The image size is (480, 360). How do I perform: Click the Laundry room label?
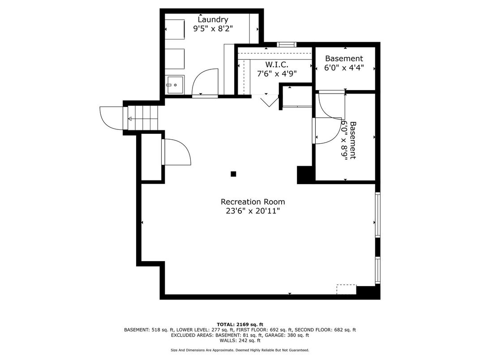(x=213, y=20)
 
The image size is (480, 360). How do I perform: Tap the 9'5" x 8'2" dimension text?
(x=213, y=29)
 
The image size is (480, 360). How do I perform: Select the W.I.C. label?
(x=277, y=64)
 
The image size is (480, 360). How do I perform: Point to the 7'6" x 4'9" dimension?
(x=277, y=73)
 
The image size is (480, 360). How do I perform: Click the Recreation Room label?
(x=253, y=202)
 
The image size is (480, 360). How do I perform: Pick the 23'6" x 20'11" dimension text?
(x=253, y=211)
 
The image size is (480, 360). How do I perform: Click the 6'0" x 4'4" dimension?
(x=344, y=67)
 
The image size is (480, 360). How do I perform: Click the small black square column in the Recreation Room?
(x=233, y=174)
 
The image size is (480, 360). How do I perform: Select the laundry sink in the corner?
(x=175, y=85)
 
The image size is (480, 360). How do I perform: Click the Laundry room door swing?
(x=205, y=82)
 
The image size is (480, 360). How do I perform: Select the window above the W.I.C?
(x=287, y=45)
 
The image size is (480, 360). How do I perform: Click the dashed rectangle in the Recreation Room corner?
(x=347, y=290)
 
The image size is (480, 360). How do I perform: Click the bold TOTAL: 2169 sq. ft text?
(x=240, y=325)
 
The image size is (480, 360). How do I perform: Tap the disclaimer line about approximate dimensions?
(x=240, y=350)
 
